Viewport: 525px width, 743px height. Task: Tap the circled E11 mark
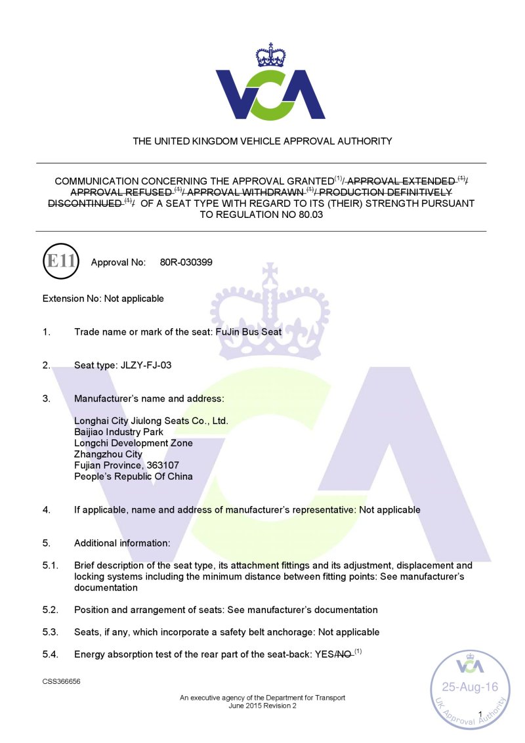click(x=60, y=262)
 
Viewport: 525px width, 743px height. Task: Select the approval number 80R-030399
click(x=186, y=263)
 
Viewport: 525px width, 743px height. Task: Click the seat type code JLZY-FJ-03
click(x=146, y=365)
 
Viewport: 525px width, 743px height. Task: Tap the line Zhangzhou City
click(x=108, y=454)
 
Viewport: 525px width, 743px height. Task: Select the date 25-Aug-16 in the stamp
click(x=469, y=687)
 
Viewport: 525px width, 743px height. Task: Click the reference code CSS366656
click(x=62, y=682)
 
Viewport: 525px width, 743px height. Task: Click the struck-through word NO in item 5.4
click(x=344, y=654)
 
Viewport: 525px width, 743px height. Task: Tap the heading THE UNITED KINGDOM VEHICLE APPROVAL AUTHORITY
click(x=262, y=141)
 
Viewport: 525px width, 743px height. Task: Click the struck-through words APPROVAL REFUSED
click(x=121, y=192)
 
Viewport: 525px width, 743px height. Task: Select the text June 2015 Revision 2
click(x=262, y=706)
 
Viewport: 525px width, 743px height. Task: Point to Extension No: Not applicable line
click(x=103, y=299)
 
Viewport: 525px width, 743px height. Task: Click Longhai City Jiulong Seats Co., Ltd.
click(x=151, y=421)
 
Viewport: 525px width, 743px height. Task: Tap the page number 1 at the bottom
click(x=480, y=714)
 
